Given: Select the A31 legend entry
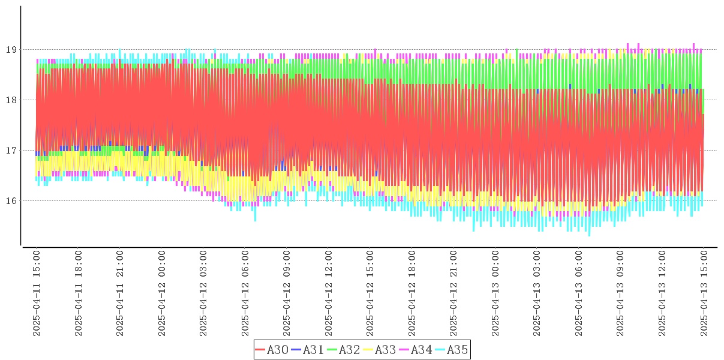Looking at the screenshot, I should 308,350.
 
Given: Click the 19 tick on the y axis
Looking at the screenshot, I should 11,50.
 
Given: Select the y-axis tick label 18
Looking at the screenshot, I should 11,100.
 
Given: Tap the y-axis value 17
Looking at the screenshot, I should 11,151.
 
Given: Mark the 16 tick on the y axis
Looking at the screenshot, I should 11,201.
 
